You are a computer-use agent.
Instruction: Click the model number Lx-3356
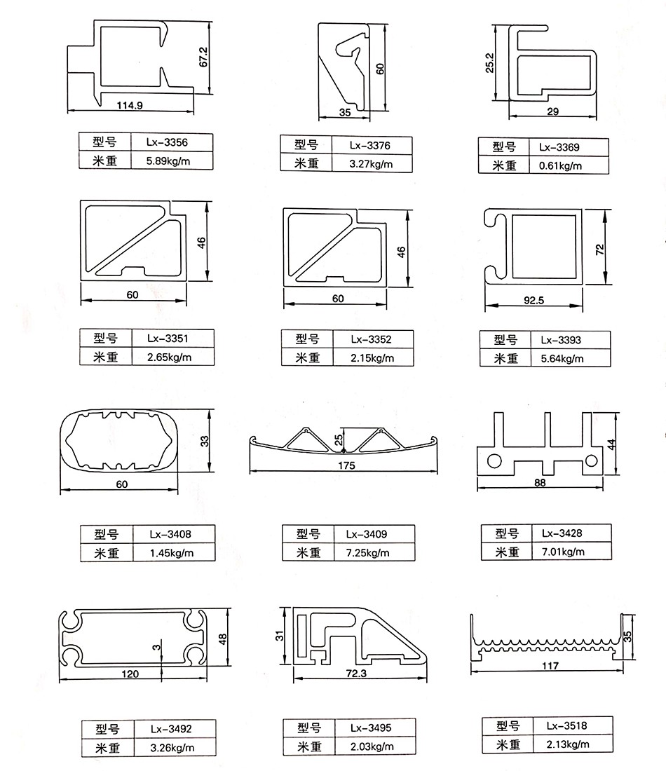[x=167, y=142]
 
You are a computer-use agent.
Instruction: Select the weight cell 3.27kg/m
[x=371, y=165]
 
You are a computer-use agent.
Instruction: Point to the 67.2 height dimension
[x=204, y=57]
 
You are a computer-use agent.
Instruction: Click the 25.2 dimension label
[x=490, y=63]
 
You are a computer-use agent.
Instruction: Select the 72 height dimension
[x=599, y=250]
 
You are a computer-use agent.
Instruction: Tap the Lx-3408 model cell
[x=170, y=534]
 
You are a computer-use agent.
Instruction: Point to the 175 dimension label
[x=346, y=466]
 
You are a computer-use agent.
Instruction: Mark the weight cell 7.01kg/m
[x=567, y=552]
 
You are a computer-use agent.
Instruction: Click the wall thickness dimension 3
[x=156, y=645]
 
